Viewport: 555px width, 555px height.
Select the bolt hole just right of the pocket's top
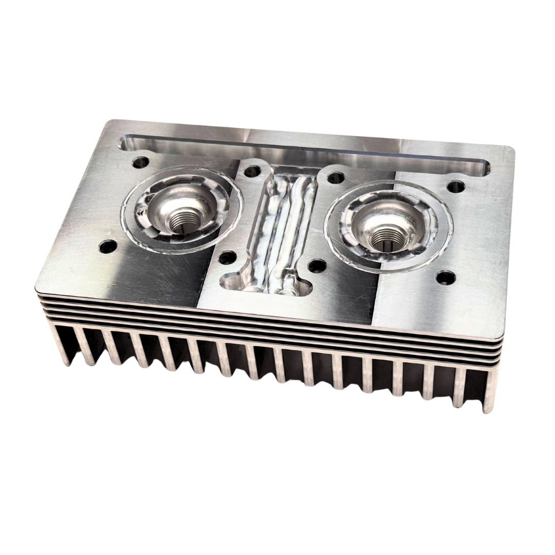pyautogui.click(x=336, y=178)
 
